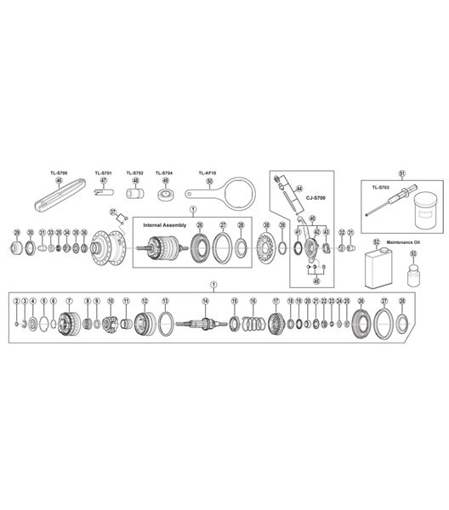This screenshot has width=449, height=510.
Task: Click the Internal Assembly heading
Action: tap(163, 224)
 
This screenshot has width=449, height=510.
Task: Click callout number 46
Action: tap(60, 180)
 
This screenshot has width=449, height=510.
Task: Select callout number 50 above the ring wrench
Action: tap(209, 180)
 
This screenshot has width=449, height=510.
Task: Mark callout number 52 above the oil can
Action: tap(375, 243)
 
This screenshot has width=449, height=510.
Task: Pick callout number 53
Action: tap(413, 253)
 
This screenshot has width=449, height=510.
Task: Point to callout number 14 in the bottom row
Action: tap(205, 301)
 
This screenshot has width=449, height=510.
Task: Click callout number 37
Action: tap(111, 212)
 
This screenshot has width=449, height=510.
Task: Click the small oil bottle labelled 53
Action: tap(413, 275)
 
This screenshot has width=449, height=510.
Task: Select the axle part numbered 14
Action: tap(205, 323)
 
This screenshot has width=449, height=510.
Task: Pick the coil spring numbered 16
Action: tap(252, 324)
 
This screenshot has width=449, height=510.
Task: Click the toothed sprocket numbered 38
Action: tap(267, 248)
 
